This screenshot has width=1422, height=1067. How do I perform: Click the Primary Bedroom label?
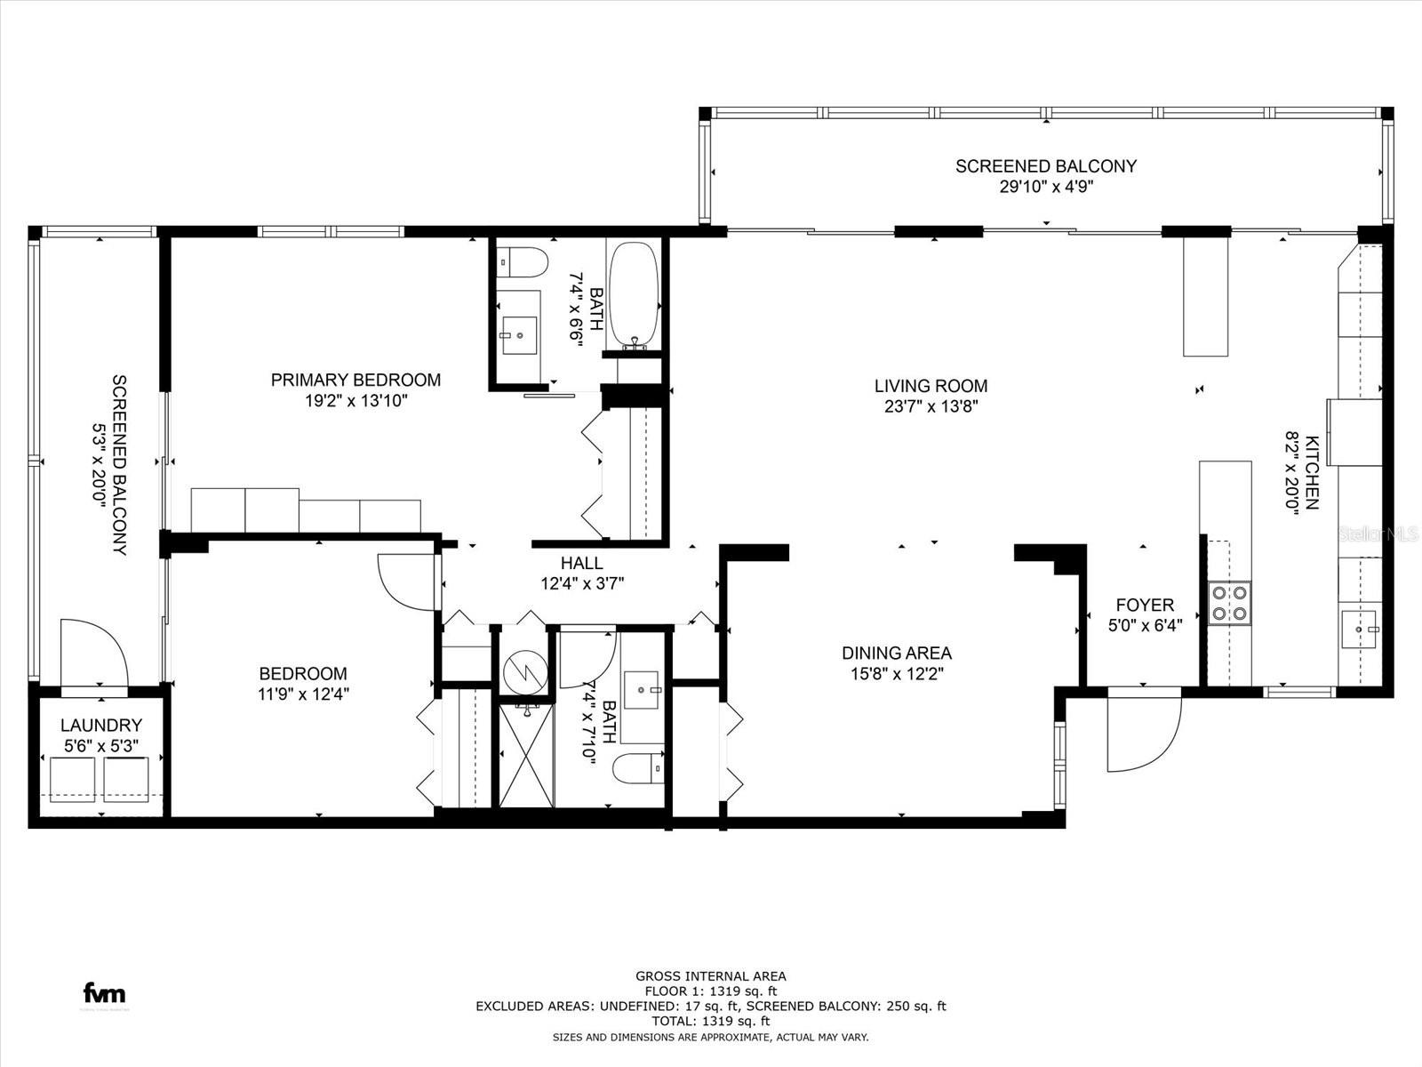(355, 380)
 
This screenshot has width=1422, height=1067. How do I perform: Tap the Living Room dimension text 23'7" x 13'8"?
(931, 407)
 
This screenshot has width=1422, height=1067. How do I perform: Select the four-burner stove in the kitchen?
(1230, 603)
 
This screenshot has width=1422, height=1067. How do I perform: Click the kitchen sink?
(1359, 629)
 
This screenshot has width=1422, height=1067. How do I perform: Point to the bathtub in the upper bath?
(634, 296)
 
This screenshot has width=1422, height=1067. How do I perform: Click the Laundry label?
(101, 725)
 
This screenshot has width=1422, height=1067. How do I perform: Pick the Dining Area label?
(897, 653)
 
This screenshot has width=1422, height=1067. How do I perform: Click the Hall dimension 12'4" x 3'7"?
(582, 583)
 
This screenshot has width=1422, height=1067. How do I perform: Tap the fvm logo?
(104, 992)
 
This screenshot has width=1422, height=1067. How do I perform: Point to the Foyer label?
(1145, 605)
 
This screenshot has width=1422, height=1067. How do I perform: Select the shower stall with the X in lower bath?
(527, 755)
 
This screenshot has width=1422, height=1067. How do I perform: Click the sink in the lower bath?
(642, 690)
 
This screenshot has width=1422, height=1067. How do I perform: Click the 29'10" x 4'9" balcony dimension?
(1046, 187)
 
